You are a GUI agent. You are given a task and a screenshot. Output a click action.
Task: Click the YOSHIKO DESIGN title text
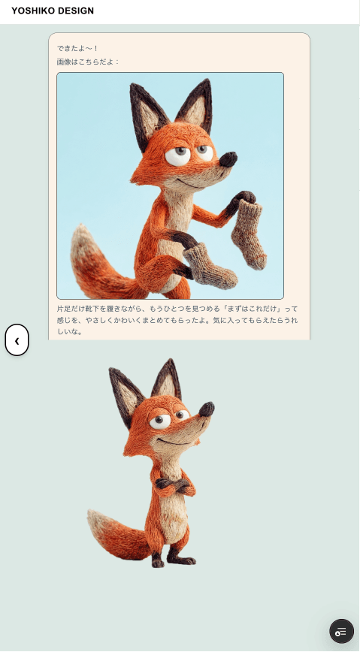(x=53, y=11)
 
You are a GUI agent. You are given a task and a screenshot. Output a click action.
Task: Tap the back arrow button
(x=17, y=340)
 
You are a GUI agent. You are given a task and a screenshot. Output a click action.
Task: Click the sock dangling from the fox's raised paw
(x=249, y=234)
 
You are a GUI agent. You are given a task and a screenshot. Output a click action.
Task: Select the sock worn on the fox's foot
(x=210, y=267)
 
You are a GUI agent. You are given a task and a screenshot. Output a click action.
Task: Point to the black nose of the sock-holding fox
(x=228, y=159)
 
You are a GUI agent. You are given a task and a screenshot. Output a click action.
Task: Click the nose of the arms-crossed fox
(x=207, y=409)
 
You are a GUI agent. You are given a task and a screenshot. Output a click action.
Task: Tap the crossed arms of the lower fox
(x=175, y=486)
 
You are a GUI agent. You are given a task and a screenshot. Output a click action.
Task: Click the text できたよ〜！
(x=78, y=49)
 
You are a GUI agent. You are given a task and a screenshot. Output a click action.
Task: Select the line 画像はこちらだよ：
(x=88, y=62)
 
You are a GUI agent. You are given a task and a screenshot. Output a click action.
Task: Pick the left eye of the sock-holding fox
(x=177, y=155)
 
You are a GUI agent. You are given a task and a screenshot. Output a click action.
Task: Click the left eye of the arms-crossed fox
(x=160, y=421)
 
